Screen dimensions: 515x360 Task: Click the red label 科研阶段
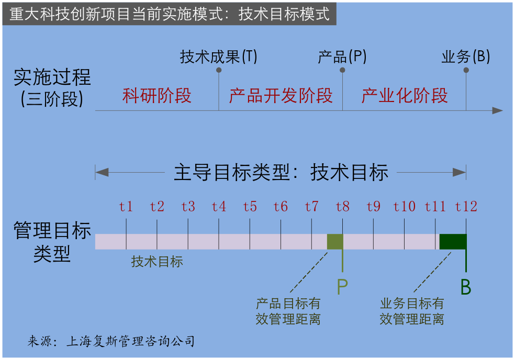pos(156,96)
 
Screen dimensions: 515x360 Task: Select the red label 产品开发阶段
pos(281,96)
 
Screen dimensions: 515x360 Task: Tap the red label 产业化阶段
pos(405,96)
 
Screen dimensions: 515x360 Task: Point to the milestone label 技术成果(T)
pos(218,57)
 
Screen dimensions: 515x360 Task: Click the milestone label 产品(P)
pos(342,57)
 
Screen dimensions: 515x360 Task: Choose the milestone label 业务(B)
pos(465,57)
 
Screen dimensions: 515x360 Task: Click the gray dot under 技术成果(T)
pos(219,70)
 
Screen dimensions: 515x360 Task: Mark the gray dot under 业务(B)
pos(466,70)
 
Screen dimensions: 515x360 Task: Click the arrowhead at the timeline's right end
pos(497,111)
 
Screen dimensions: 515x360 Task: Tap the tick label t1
pos(126,207)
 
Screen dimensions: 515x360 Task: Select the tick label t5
pos(250,207)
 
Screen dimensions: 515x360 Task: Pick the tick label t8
pos(342,207)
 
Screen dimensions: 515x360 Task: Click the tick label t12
pos(466,207)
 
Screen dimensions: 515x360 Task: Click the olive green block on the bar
pos(335,242)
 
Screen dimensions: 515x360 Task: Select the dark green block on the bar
pos(453,242)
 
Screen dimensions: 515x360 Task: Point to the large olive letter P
pos(342,287)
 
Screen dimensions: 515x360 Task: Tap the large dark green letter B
pos(466,287)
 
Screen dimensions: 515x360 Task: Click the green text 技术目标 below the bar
pos(157,262)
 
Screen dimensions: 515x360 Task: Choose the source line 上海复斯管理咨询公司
pos(130,341)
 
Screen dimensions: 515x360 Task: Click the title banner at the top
pos(170,14)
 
